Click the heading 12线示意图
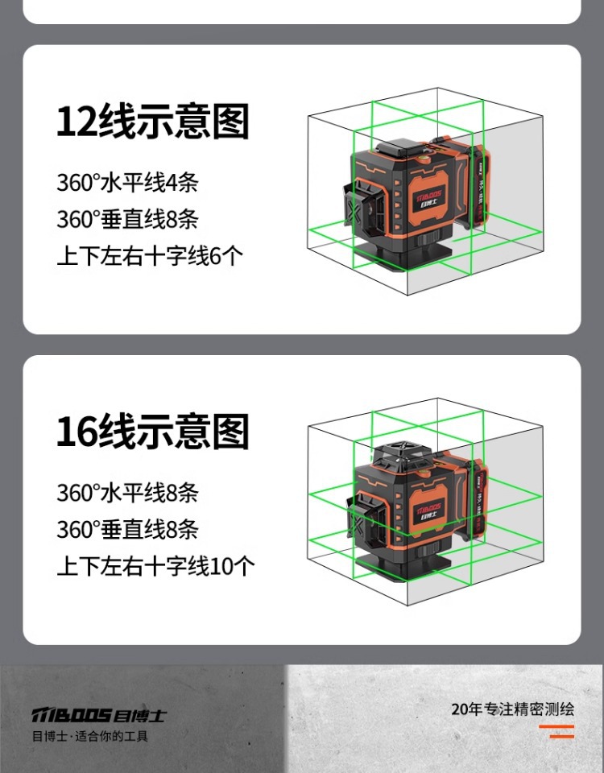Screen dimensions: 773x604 click(152, 122)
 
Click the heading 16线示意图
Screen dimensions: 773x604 click(152, 432)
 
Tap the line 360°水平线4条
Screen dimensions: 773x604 click(127, 182)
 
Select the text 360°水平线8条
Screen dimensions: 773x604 click(127, 492)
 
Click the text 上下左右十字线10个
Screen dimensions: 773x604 click(155, 566)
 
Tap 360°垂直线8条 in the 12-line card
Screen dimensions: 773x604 click(127, 219)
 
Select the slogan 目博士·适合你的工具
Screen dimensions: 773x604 click(89, 736)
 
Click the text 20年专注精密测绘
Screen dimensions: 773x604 click(512, 709)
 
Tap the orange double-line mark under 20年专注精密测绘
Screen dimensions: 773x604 click(556, 731)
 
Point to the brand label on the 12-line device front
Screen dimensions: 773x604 click(432, 198)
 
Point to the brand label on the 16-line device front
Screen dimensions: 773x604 click(432, 509)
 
